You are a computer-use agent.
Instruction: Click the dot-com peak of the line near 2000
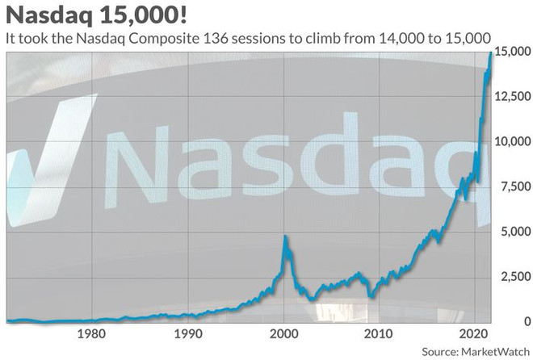coord(283,236)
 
